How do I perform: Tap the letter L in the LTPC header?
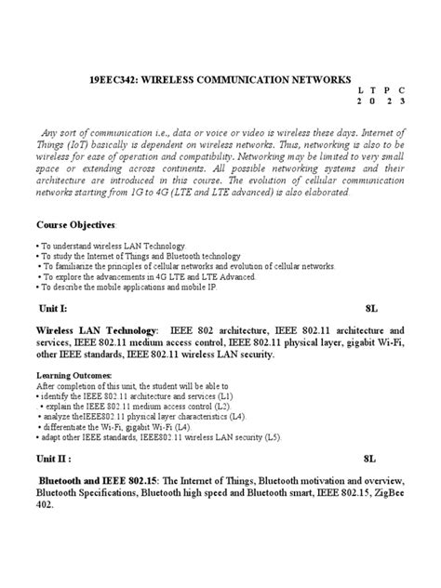point(357,96)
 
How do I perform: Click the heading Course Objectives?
point(77,226)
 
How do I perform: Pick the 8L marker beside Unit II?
point(369,459)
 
